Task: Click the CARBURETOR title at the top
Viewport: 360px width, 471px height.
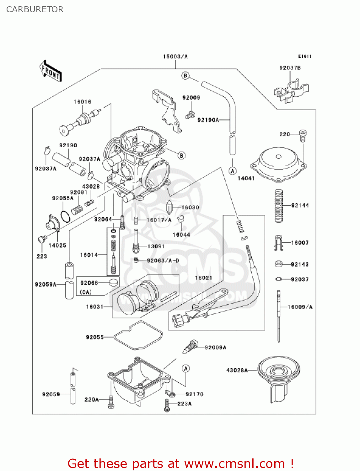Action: tap(35, 9)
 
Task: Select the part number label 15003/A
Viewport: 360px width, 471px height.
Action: tap(175, 57)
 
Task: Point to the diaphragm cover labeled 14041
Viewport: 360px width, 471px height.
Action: tap(278, 165)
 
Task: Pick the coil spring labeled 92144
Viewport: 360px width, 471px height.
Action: tap(278, 206)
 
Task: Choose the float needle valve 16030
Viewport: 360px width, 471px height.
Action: tap(169, 208)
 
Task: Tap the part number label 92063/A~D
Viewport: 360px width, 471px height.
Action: tap(163, 261)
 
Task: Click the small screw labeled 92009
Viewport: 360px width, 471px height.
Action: tap(190, 115)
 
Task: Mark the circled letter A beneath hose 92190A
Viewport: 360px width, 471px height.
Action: tap(232, 171)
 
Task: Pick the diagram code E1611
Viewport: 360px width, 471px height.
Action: tap(304, 56)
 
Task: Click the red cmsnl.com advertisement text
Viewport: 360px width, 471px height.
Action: tap(180, 463)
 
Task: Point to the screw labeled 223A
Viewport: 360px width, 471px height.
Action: tap(167, 405)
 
